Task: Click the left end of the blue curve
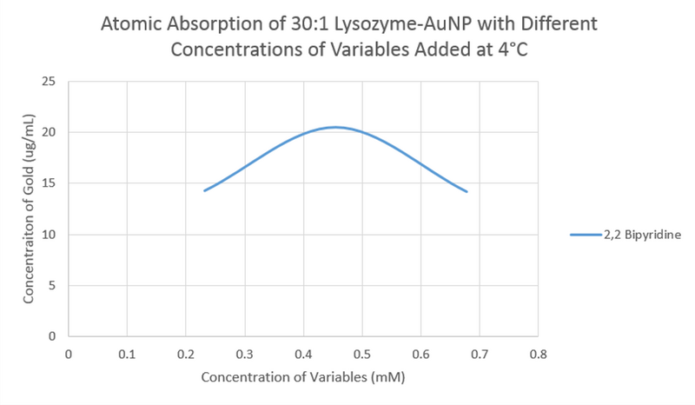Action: tap(204, 190)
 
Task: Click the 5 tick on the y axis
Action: tap(52, 285)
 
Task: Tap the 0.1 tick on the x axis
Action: tap(128, 354)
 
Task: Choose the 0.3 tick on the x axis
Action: tap(245, 354)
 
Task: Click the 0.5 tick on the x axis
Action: tap(362, 354)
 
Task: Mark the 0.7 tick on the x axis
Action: tap(480, 354)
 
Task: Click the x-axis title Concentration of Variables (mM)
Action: tap(303, 378)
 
